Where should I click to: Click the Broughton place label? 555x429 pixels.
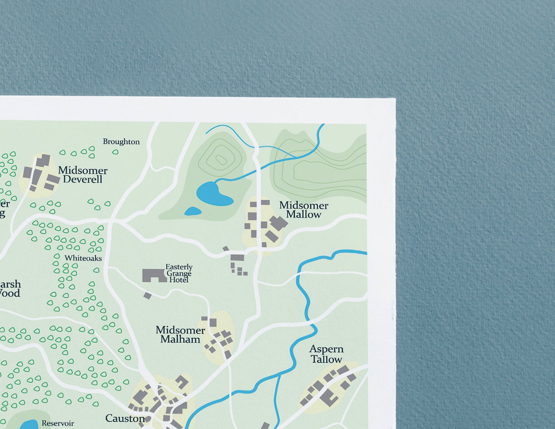tap(121, 141)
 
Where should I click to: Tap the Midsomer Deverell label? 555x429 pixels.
tap(82, 175)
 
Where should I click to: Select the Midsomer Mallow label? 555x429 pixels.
tap(303, 210)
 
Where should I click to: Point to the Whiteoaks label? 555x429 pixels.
tap(83, 258)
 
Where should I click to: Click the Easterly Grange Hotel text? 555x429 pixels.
tap(179, 273)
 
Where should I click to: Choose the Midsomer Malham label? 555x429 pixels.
tap(180, 334)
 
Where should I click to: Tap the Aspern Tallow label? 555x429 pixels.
tap(326, 354)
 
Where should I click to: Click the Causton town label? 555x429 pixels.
tap(125, 418)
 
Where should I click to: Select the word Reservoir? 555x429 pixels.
tap(58, 423)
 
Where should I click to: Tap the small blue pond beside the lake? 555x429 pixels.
tap(193, 211)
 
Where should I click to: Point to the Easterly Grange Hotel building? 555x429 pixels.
tap(153, 275)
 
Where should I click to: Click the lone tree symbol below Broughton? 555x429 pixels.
tap(115, 152)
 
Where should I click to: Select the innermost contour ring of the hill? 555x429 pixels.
tap(221, 160)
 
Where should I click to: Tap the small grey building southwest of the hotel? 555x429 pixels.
tap(147, 296)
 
